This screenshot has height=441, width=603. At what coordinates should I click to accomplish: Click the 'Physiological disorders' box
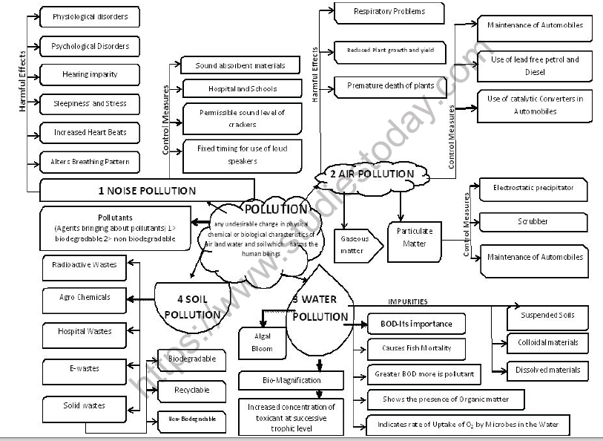click(90, 16)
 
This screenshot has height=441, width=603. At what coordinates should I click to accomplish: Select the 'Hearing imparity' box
click(90, 74)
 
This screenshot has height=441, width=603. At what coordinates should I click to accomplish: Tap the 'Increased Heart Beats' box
click(90, 132)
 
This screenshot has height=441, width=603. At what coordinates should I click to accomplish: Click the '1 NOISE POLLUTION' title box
click(147, 190)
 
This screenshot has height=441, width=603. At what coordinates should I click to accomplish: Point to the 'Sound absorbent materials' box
click(240, 65)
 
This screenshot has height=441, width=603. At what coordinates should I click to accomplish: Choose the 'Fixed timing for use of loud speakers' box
click(242, 154)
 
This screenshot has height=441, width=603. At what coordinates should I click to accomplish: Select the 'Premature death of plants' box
click(391, 86)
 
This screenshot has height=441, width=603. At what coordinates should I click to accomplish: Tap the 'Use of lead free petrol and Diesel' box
click(534, 66)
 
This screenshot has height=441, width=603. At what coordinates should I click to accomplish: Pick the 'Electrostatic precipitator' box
click(533, 189)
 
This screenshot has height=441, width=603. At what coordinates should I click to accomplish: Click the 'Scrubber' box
click(533, 221)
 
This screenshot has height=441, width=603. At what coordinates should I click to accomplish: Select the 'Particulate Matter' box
click(414, 237)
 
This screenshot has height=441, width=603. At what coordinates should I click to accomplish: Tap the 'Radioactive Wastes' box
click(84, 264)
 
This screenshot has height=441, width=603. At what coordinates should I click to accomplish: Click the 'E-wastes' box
click(84, 368)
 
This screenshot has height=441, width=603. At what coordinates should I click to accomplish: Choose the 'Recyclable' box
click(191, 390)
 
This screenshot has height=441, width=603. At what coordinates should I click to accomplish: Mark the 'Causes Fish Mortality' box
click(416, 348)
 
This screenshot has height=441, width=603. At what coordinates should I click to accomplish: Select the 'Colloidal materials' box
click(547, 342)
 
